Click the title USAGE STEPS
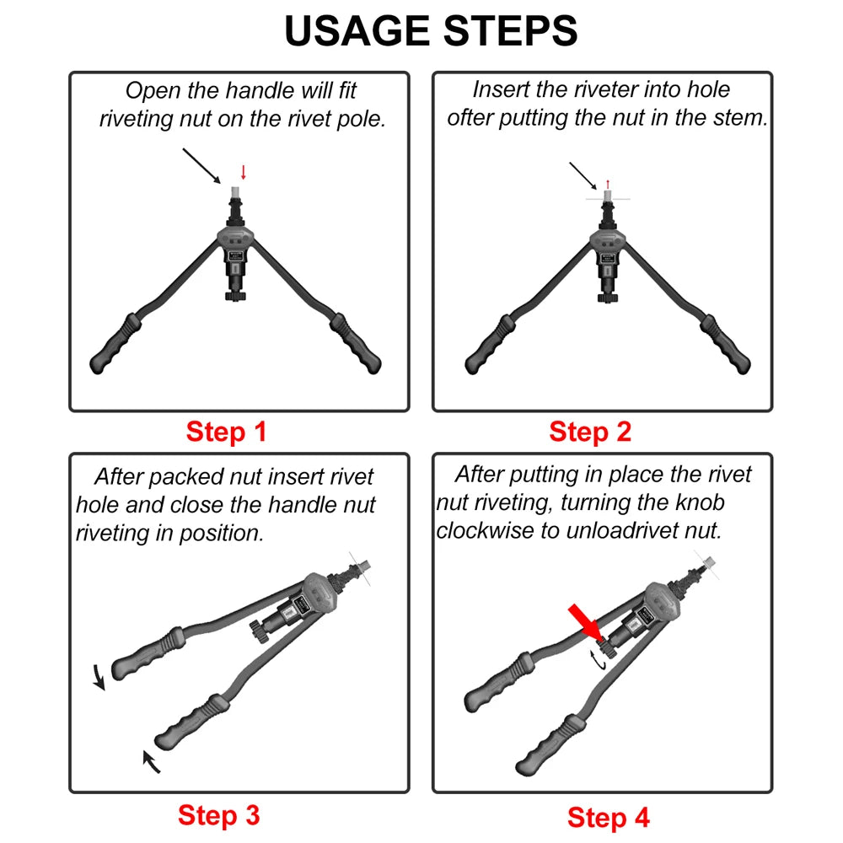[431, 31]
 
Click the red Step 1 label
[226, 432]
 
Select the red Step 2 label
[590, 432]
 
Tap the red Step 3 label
[218, 815]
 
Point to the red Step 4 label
[609, 818]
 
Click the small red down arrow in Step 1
[244, 173]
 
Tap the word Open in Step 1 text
[151, 90]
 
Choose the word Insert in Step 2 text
[499, 90]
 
